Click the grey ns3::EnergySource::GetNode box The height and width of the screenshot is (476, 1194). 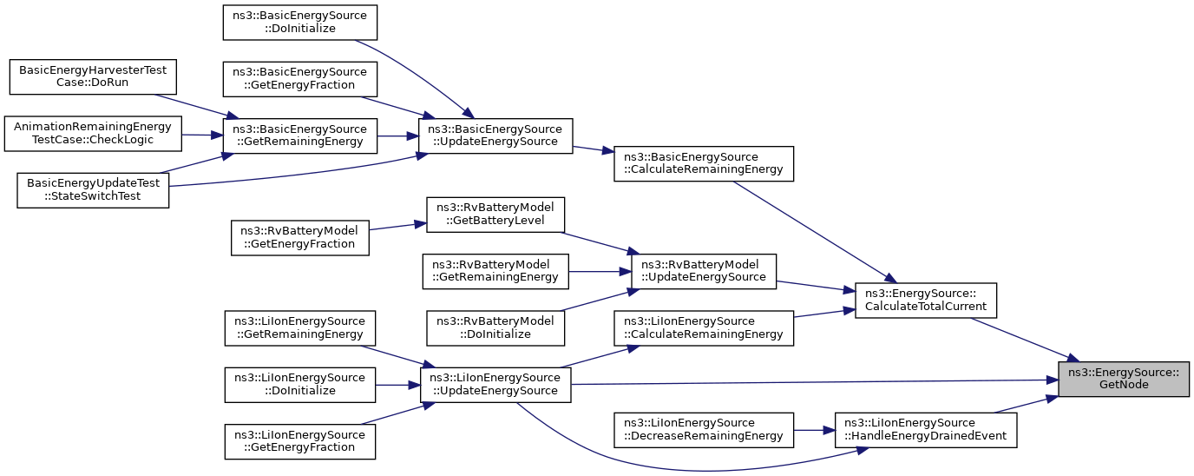pos(1124,379)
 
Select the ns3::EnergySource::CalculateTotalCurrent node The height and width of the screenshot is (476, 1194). pos(925,301)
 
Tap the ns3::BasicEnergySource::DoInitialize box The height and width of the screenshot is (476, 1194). pos(299,23)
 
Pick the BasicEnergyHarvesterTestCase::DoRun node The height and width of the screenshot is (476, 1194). pos(93,76)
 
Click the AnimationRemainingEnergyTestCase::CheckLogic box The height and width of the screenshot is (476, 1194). pos(93,134)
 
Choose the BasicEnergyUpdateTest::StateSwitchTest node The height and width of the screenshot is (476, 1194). pos(93,190)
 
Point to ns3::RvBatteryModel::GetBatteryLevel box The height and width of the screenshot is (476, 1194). pos(495,215)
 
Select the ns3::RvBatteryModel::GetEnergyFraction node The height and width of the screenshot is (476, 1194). pos(299,238)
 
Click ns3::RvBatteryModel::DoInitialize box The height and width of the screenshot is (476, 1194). pos(495,328)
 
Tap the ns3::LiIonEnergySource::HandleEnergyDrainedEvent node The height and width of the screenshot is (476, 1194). pos(925,430)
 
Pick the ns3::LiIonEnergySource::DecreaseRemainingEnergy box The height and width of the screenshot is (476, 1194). pos(704,430)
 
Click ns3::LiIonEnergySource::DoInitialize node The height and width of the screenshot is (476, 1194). pos(299,385)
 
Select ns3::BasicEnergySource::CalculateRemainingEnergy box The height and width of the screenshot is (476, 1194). pos(704,164)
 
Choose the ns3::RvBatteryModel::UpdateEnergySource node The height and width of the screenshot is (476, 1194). pos(704,272)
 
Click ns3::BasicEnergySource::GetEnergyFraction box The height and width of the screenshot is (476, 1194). pos(299,79)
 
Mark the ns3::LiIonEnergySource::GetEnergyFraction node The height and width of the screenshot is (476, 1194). pos(299,441)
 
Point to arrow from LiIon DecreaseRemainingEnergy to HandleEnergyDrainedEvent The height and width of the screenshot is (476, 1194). pos(814,430)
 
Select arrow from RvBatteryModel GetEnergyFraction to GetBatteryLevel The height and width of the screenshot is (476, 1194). pos(397,226)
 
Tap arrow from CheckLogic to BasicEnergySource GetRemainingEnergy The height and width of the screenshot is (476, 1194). pos(202,135)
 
